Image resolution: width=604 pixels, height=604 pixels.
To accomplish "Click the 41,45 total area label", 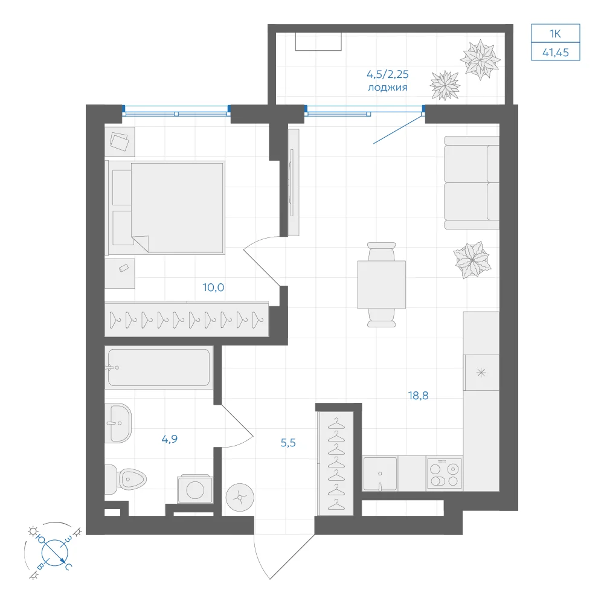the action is [x=556, y=53].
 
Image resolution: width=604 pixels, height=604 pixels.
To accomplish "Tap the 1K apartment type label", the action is [x=556, y=34].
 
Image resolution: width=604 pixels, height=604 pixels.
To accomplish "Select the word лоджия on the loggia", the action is [x=388, y=88].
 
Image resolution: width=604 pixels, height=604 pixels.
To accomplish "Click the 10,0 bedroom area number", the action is [x=213, y=288].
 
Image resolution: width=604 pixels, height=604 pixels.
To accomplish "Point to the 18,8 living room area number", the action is [x=418, y=396].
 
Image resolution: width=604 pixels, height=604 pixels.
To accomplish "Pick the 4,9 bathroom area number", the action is [x=170, y=439].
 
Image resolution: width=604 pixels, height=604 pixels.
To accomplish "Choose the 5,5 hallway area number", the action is [x=288, y=443].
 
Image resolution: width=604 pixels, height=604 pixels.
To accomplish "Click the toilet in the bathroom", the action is [x=126, y=479].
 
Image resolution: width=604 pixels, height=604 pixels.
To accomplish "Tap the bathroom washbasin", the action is [x=118, y=423].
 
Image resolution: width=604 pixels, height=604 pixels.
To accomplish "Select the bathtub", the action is [x=159, y=367].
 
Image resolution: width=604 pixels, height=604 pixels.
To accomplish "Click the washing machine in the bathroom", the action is [x=195, y=489].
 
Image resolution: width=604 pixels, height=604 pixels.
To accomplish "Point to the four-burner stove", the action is [x=444, y=474].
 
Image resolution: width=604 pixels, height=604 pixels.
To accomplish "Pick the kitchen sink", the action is [x=380, y=474].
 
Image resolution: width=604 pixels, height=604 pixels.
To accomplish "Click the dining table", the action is [x=381, y=284].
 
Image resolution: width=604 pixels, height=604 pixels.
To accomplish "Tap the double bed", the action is [x=165, y=208].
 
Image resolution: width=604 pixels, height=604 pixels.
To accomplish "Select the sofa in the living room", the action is [x=472, y=182].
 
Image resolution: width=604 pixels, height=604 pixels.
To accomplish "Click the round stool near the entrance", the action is [x=240, y=498].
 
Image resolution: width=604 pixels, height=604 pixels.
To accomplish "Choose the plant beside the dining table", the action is [x=472, y=260].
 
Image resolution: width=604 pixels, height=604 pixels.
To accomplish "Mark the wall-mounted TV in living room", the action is [x=292, y=182].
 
